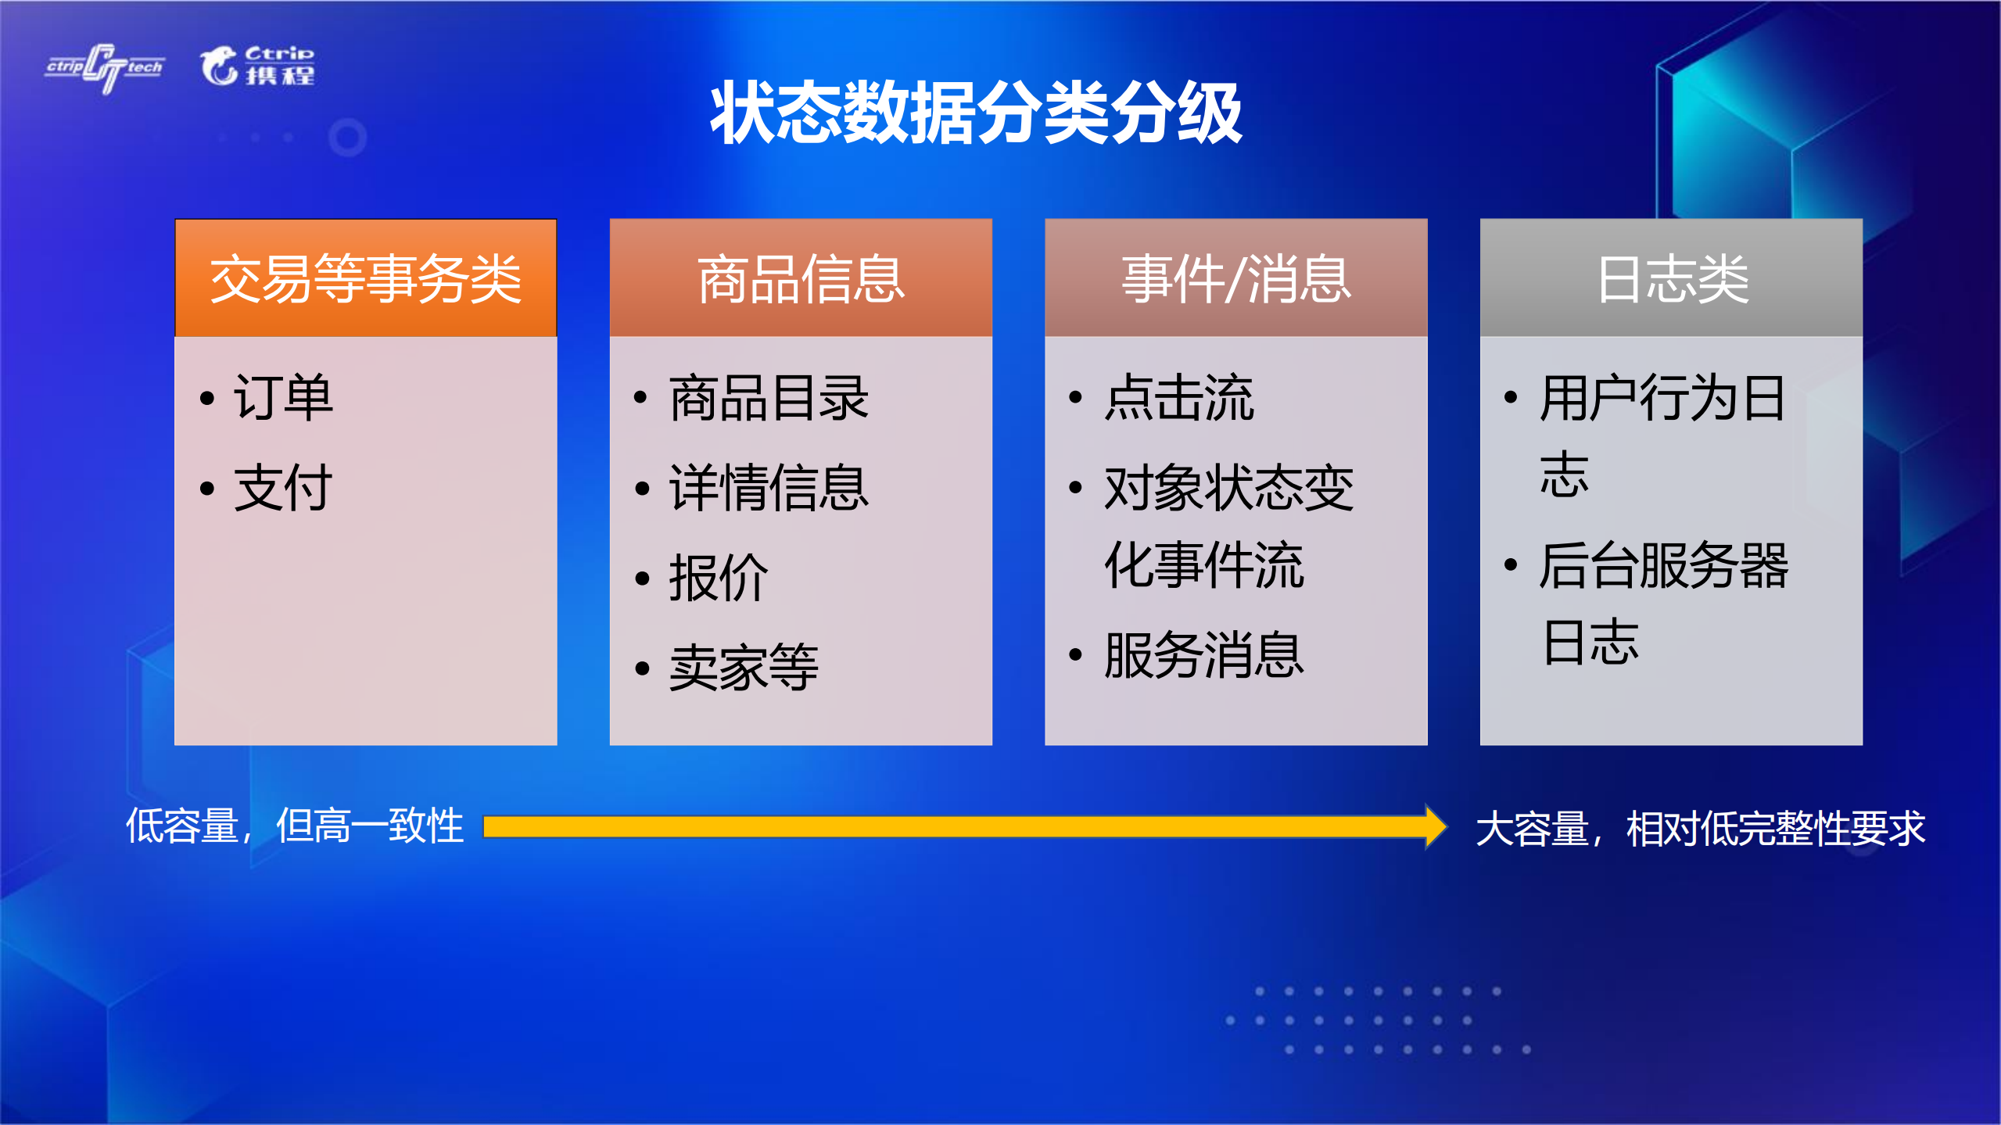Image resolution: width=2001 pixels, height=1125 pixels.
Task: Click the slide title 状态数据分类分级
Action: coord(975,113)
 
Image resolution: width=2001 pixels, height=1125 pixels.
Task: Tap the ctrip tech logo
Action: coord(105,68)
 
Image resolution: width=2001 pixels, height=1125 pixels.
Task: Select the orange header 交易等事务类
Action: coord(365,279)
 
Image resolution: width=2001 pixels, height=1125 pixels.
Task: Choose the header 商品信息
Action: coord(801,279)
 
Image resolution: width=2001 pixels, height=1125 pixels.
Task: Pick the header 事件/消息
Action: coord(1235,279)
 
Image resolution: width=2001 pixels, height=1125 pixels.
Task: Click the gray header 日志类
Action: coord(1671,279)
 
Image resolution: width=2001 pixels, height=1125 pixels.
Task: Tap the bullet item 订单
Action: coord(283,398)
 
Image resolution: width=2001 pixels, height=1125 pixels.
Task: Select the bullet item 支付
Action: coord(283,488)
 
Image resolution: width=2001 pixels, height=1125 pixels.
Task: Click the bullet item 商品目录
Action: coord(769,398)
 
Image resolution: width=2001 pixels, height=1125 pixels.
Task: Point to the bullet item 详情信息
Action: coord(769,488)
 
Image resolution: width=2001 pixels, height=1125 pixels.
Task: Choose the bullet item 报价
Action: coord(719,578)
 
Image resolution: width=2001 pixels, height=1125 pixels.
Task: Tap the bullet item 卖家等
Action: coord(744,668)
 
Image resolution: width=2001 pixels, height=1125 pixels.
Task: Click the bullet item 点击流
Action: coord(1179,398)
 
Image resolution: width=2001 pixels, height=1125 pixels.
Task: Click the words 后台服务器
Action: coord(1664,564)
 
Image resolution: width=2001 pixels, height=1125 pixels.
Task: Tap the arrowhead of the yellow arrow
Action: coord(1434,826)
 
